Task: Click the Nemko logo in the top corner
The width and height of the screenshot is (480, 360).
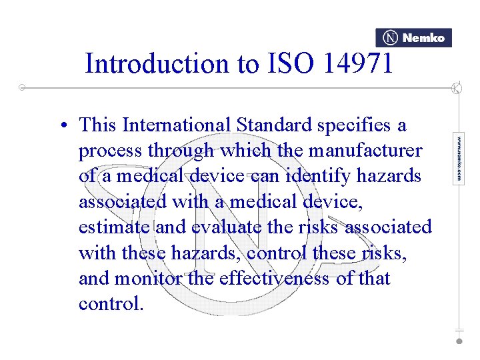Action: (x=413, y=38)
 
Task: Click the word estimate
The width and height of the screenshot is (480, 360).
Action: (x=114, y=227)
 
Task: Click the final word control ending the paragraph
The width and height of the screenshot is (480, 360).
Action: (x=111, y=303)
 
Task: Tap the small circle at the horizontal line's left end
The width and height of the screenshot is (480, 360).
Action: (x=22, y=87)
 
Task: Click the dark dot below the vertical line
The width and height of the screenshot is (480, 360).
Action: (x=459, y=341)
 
